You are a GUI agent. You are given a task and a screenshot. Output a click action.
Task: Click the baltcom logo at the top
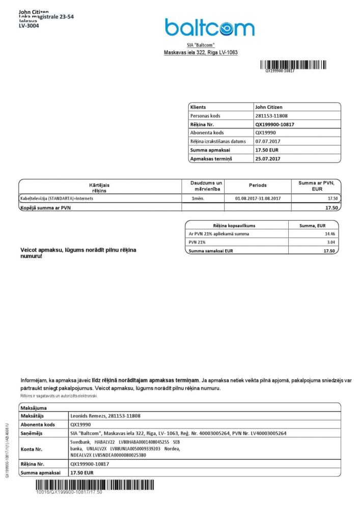209,28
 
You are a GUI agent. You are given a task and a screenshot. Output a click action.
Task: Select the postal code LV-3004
29,25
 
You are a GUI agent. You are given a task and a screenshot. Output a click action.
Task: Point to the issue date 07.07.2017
268,141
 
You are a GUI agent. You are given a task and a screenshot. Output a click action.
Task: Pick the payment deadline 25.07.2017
268,158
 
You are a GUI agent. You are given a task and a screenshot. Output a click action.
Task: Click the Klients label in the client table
198,107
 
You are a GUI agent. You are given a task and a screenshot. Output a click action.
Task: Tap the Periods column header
258,185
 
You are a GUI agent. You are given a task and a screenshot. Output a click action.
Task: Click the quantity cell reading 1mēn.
199,198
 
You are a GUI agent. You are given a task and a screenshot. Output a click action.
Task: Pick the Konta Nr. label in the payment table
31,449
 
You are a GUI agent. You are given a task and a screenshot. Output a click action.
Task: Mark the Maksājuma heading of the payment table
34,408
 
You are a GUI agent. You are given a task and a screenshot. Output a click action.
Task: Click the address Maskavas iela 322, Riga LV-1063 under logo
201,52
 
